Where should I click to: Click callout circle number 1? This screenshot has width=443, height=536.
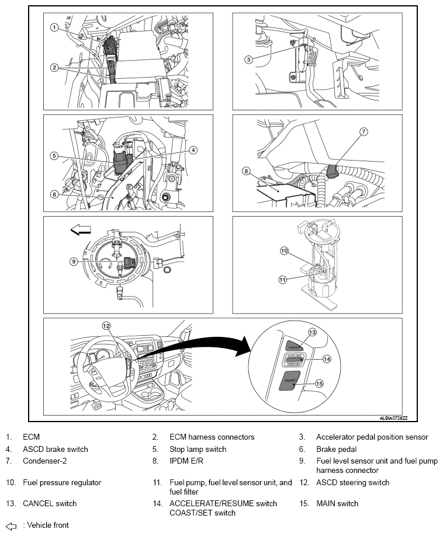pos(54,27)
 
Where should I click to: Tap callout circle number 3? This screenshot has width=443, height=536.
pos(248,59)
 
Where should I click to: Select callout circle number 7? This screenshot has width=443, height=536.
pos(364,132)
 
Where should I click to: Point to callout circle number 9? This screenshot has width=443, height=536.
pos(74,262)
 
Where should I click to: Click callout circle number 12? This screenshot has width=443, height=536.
pos(106,326)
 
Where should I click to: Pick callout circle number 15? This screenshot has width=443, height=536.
pos(319,384)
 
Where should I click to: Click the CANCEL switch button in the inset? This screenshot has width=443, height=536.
pos(295,344)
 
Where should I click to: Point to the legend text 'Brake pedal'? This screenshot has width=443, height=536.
pos(336,449)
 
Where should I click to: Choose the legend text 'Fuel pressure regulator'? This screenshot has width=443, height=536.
pos(62,482)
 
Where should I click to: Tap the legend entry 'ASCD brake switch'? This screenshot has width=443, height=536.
pos(56,449)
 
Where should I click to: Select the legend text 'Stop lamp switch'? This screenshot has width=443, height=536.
pos(198,449)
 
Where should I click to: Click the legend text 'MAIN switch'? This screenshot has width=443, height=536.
pos(337,503)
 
